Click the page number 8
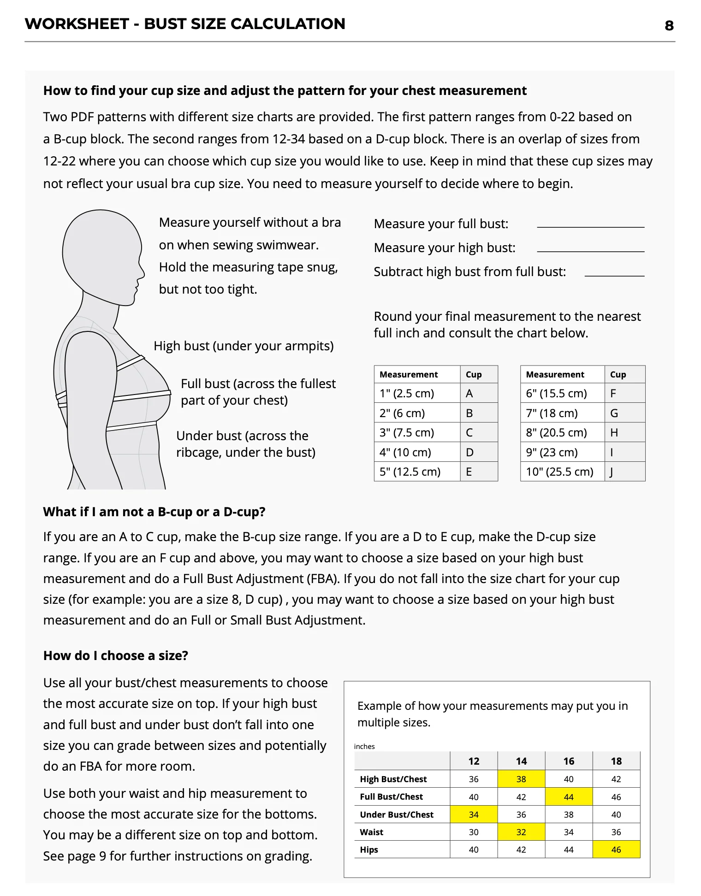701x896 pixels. click(669, 26)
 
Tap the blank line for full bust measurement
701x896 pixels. click(591, 226)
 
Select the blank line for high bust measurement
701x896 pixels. click(591, 250)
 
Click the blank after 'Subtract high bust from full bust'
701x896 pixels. click(614, 275)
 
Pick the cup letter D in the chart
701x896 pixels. click(469, 452)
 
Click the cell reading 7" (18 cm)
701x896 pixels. click(552, 413)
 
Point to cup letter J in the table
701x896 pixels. click(612, 472)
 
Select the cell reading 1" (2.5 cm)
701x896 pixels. click(407, 393)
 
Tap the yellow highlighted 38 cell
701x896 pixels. click(521, 779)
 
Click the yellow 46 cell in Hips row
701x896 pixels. click(616, 849)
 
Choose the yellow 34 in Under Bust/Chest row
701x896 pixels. click(474, 814)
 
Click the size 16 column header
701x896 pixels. click(569, 761)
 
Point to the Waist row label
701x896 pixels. click(372, 832)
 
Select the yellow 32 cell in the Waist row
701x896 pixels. click(521, 832)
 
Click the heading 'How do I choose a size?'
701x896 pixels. click(116, 655)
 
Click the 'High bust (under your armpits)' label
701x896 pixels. click(244, 346)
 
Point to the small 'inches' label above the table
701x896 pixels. click(364, 746)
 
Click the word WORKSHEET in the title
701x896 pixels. click(77, 24)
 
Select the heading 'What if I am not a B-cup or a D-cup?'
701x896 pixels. click(154, 512)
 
